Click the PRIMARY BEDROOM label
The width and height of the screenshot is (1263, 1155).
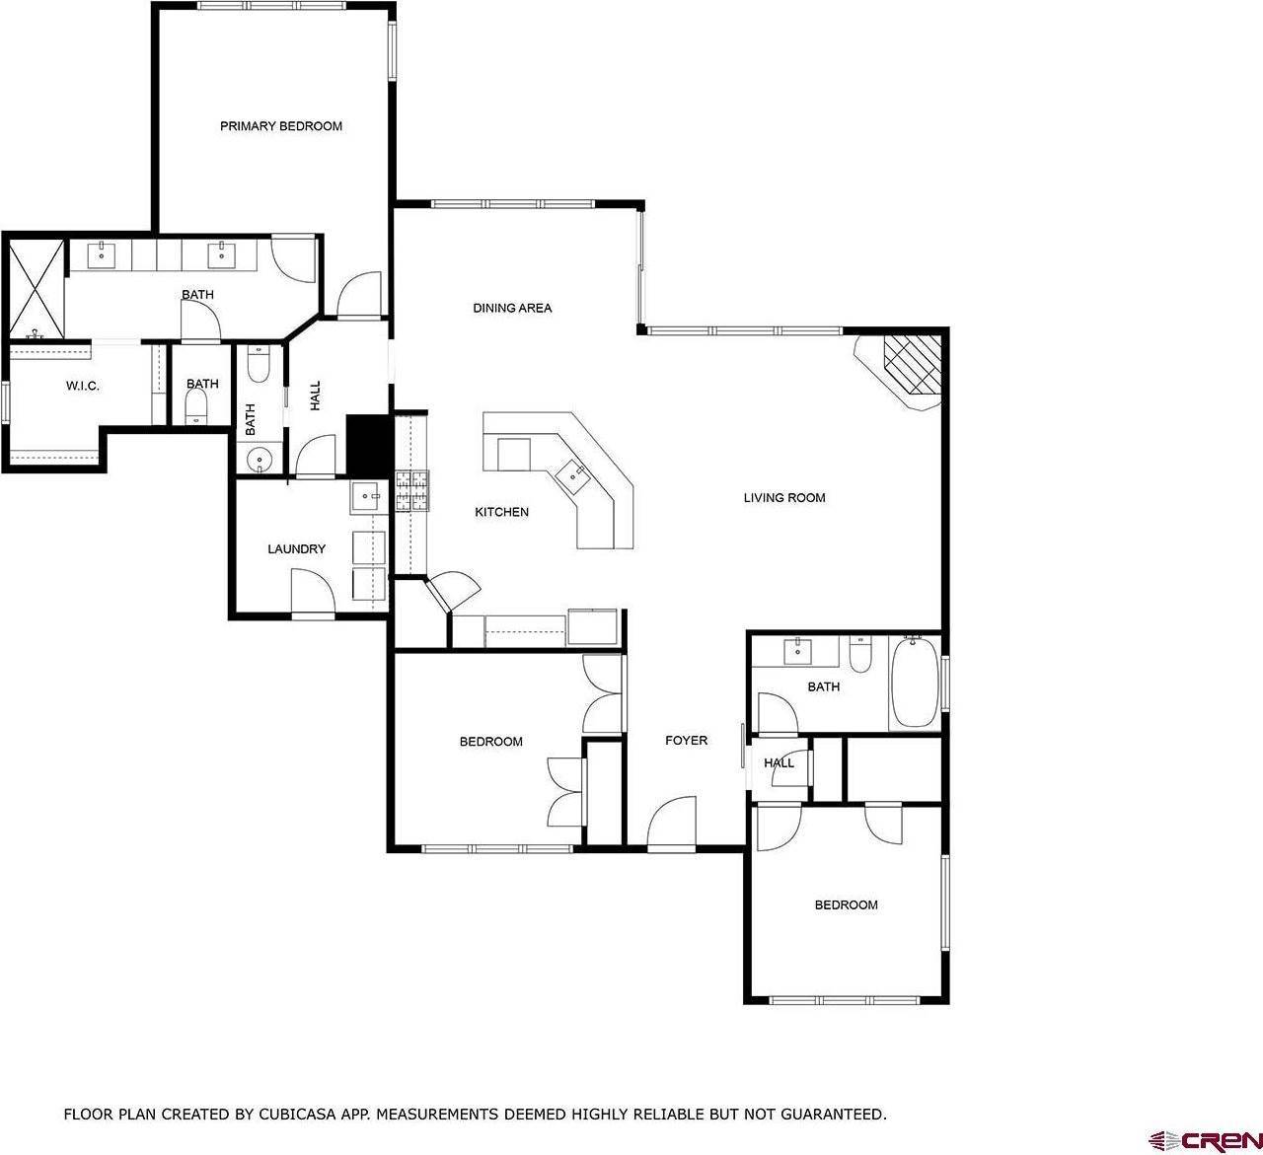(x=280, y=126)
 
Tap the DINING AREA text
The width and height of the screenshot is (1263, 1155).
(x=512, y=308)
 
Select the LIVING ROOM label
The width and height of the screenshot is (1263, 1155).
(x=783, y=498)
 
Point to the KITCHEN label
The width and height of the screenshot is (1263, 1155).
(x=501, y=512)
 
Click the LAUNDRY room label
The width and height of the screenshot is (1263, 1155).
(x=296, y=549)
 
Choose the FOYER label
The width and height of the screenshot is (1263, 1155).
(x=686, y=741)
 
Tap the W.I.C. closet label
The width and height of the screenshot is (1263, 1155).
(x=82, y=386)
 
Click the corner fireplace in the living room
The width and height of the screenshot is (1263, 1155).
(x=906, y=370)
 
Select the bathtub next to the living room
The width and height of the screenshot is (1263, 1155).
(x=915, y=683)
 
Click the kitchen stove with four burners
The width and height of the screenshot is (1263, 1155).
(x=413, y=490)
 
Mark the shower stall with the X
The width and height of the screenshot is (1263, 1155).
(x=36, y=287)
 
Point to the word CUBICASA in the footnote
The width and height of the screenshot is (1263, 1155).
(x=279, y=1115)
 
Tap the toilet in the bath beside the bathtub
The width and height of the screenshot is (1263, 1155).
(x=860, y=654)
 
